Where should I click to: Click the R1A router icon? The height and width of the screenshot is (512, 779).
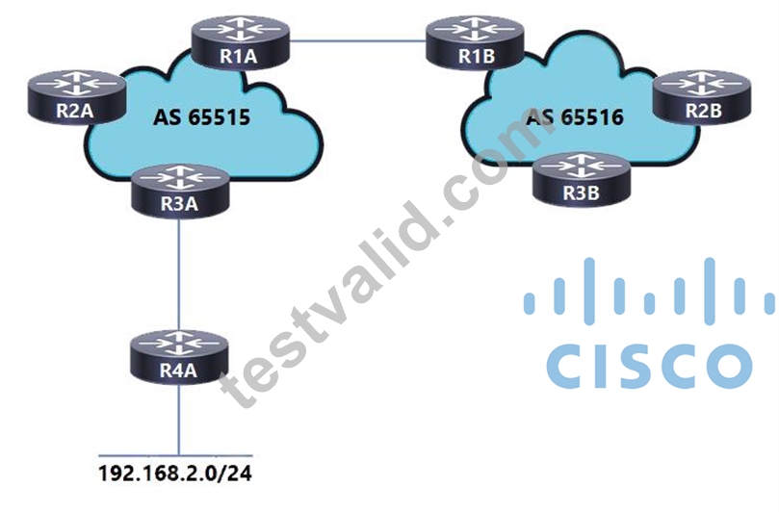(241, 42)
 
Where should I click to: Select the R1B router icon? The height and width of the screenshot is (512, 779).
(475, 42)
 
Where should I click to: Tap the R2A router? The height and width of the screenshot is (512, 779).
(76, 97)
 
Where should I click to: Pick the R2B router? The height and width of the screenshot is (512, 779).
(703, 97)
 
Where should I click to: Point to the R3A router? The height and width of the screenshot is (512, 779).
(180, 192)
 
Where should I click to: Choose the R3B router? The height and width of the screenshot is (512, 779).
(582, 180)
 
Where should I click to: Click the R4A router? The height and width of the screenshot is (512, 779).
(179, 359)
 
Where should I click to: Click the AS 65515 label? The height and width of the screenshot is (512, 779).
(201, 117)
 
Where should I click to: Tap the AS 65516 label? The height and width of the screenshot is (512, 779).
(575, 117)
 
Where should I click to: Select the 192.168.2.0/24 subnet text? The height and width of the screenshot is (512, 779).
(175, 474)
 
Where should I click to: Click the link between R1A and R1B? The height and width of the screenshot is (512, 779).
(357, 41)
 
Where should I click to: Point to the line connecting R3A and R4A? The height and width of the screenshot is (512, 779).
(179, 275)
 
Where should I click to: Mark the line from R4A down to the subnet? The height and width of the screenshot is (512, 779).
(179, 421)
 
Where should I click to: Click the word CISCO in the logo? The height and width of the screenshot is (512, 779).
(649, 366)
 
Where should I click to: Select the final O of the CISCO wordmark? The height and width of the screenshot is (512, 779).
(728, 366)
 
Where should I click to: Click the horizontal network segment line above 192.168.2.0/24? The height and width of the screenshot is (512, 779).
(175, 455)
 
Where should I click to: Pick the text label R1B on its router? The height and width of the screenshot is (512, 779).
(477, 56)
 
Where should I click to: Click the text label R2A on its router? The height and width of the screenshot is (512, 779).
(75, 111)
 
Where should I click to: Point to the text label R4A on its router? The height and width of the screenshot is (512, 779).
(178, 371)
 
